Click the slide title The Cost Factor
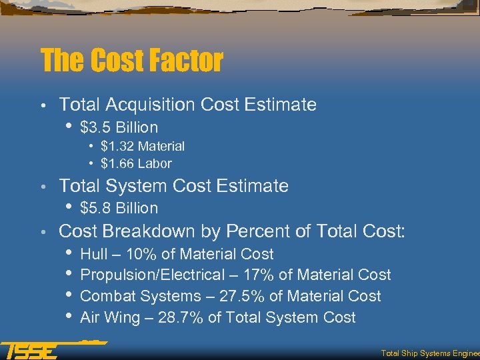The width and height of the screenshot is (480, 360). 131,61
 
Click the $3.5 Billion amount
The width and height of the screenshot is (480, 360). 119,127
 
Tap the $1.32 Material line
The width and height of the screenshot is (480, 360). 143,146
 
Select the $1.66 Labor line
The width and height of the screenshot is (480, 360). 136,163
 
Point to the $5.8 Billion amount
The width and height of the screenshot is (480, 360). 119,208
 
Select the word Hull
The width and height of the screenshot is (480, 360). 92,254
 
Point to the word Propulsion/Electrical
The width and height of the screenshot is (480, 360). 147,275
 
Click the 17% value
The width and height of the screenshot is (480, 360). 243,275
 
